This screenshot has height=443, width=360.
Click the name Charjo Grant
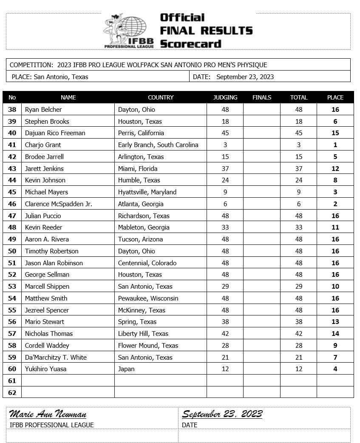43,145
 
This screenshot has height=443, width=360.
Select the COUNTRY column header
161,97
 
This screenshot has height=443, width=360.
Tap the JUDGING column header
225,97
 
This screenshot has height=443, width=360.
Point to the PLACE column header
335,97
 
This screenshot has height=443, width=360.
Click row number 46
12,204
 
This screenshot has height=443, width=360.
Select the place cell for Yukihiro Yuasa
335,369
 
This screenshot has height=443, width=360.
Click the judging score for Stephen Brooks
225,122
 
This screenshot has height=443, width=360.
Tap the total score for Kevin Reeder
299,227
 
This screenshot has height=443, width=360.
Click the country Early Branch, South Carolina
158,145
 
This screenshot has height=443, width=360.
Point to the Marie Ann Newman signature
48,414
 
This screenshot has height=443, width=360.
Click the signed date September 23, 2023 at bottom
222,414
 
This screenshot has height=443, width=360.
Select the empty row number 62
12,392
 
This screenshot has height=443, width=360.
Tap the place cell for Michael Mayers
335,192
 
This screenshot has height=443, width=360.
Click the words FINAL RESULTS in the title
206,31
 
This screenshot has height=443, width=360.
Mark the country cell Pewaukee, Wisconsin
148,298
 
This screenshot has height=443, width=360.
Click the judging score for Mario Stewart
225,322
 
